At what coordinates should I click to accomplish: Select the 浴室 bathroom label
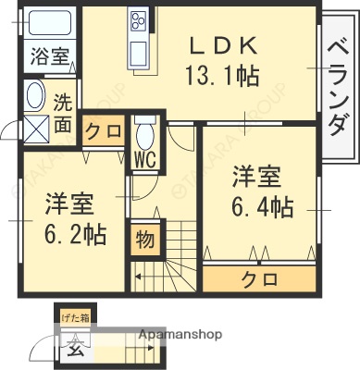47,55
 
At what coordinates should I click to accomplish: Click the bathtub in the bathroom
47,22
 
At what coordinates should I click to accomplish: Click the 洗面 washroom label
62,113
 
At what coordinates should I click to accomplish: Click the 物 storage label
146,240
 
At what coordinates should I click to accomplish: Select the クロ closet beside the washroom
104,132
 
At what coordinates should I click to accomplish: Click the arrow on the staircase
139,275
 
